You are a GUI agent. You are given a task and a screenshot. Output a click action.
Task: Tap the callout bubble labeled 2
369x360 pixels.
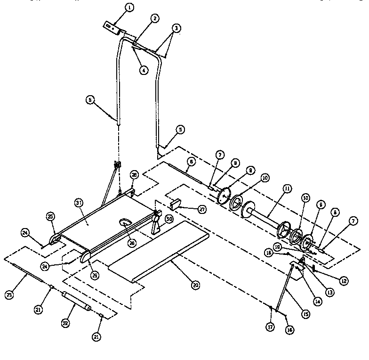(155, 18)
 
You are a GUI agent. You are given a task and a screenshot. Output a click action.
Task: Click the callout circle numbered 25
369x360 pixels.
(50, 216)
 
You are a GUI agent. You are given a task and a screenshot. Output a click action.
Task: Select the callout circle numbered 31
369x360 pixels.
(79, 203)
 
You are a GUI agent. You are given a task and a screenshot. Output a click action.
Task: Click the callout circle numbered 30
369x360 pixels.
(168, 219)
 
